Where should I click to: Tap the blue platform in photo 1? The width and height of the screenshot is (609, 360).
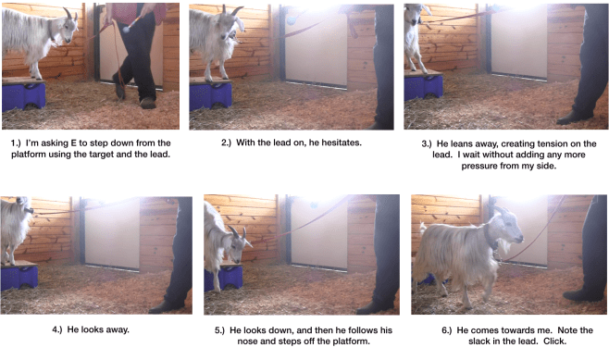[x=23, y=94]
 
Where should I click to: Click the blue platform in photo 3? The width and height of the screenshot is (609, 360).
[x=423, y=85]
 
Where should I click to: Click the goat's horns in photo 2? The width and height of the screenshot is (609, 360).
[x=233, y=12]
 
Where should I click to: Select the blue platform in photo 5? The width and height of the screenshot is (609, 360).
[x=228, y=277]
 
